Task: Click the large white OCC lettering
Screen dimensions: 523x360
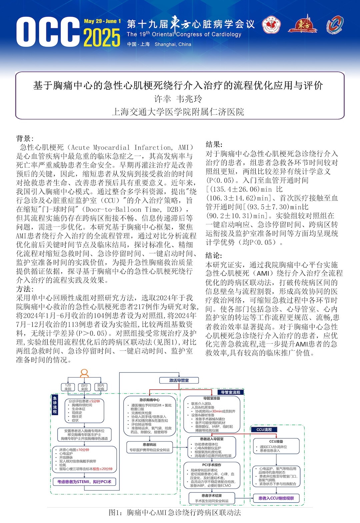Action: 48,32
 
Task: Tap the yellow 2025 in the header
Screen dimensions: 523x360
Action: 102,38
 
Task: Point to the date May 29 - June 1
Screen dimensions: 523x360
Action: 102,21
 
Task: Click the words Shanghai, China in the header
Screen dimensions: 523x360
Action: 173,44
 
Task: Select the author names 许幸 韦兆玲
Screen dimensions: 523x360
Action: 178,99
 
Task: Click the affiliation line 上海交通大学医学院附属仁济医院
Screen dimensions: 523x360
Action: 178,112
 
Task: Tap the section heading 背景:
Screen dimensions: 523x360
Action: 25,139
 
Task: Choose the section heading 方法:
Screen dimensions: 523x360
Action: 25,289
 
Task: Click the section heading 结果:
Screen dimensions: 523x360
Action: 214,144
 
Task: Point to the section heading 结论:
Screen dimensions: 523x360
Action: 214,256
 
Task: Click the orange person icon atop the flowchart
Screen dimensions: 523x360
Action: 84,373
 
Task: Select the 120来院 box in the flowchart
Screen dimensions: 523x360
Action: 68,387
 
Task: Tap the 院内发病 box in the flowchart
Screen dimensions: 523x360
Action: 101,387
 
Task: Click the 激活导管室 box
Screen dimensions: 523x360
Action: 179,380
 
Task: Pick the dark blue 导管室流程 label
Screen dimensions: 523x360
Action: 231,392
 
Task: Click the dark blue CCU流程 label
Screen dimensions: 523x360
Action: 264,430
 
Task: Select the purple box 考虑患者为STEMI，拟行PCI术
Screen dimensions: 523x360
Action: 84,482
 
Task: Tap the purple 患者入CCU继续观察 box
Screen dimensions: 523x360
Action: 276,498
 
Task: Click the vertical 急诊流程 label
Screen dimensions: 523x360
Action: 55,405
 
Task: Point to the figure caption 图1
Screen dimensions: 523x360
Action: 175,513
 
